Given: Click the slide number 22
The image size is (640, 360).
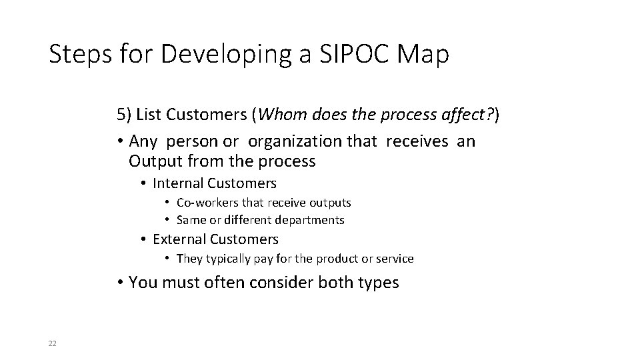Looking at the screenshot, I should point(53,343).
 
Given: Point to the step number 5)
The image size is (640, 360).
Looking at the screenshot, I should point(124,115).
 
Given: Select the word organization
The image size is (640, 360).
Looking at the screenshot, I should point(303,142).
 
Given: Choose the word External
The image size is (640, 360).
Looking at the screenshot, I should point(179,239).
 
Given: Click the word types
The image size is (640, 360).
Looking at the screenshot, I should point(377,283).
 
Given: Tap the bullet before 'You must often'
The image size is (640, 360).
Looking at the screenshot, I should point(120,283).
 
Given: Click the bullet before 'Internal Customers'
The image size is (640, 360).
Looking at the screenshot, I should point(144,183).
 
